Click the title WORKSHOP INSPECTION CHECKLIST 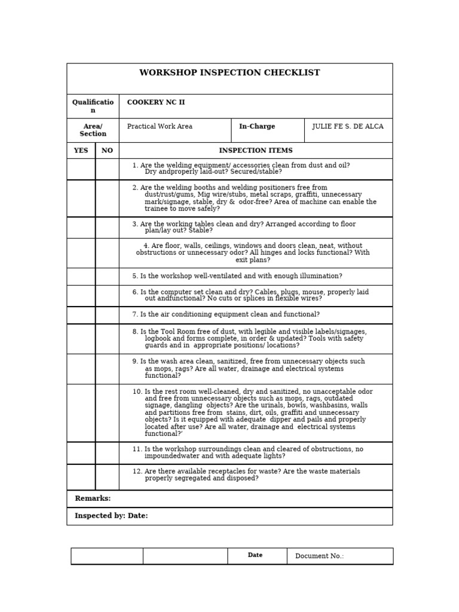[x=229, y=73]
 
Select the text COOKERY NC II [x=155, y=103]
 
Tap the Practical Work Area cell [x=160, y=127]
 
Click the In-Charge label [x=257, y=127]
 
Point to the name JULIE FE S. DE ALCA [x=348, y=127]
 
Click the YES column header [x=81, y=151]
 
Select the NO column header [x=107, y=151]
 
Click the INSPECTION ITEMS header [x=256, y=151]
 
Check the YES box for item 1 [x=81, y=169]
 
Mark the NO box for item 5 [x=107, y=277]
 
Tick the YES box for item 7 [x=81, y=315]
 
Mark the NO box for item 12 [x=107, y=477]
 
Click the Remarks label [x=93, y=498]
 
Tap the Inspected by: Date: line [x=111, y=516]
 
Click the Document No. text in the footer [x=319, y=556]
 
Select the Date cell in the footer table [x=255, y=555]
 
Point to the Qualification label [x=93, y=106]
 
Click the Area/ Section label [x=93, y=130]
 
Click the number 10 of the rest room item [x=137, y=392]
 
